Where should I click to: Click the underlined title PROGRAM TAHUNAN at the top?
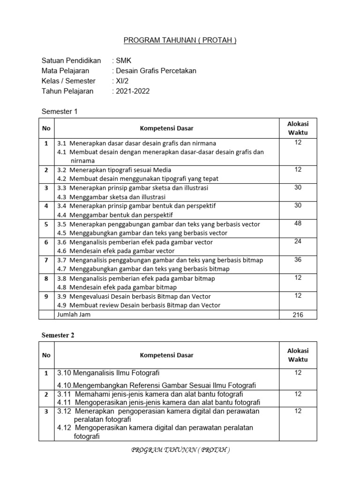click(180, 40)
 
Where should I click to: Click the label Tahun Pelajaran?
click(67, 91)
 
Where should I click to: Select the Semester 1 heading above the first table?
click(59, 112)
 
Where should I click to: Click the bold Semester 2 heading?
click(58, 335)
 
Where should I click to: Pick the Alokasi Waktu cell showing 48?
click(298, 224)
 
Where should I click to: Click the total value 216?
click(298, 315)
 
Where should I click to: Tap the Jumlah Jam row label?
click(74, 315)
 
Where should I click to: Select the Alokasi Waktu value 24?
click(298, 242)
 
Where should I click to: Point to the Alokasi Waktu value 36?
click(298, 260)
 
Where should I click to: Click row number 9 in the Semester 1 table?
click(46, 296)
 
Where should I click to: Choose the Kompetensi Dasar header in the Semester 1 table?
click(166, 128)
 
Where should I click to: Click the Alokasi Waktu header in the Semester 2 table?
click(298, 355)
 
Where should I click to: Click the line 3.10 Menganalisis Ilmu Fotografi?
click(108, 373)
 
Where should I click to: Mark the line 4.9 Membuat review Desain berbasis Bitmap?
click(138, 305)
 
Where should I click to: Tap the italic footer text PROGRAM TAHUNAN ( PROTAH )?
click(180, 450)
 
